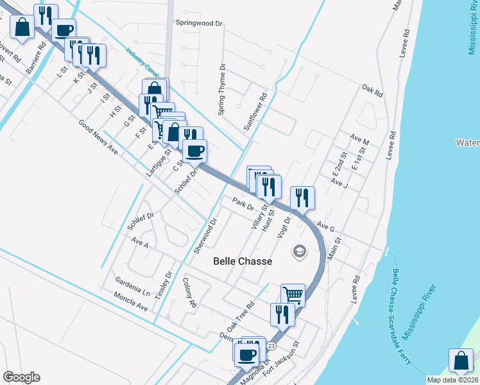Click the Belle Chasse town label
tap(243, 261)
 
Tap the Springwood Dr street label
tap(199, 22)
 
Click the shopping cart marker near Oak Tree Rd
tap(293, 294)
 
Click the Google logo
tap(21, 377)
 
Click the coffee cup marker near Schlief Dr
tap(195, 151)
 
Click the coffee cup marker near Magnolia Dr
tap(246, 353)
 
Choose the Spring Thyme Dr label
tap(222, 90)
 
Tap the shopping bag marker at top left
tap(22, 27)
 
